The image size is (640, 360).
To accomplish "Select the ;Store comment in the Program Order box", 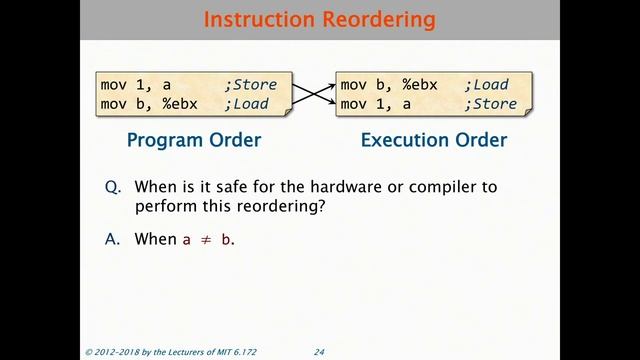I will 254,84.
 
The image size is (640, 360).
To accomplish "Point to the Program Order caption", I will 194,140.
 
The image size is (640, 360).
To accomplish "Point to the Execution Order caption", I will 434,140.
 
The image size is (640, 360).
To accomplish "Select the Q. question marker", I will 113,187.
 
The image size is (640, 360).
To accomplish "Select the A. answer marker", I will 113,239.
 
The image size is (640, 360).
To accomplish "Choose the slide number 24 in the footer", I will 320,352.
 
